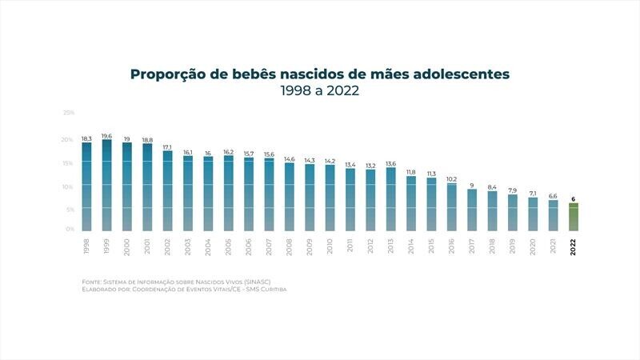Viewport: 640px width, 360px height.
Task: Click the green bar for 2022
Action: click(x=573, y=217)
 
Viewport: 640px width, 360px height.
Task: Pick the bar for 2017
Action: click(x=471, y=210)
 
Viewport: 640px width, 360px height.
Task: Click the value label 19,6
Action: click(x=106, y=136)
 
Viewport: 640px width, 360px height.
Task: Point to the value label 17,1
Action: click(x=167, y=147)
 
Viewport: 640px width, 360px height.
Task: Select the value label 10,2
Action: click(x=451, y=179)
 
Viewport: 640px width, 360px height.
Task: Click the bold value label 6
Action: click(x=573, y=198)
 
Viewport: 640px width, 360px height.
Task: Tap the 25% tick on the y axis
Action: click(x=69, y=113)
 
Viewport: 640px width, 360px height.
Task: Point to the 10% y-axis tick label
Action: click(x=69, y=186)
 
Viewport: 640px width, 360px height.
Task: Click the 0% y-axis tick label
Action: click(x=70, y=230)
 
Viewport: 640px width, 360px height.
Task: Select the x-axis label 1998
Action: click(x=86, y=246)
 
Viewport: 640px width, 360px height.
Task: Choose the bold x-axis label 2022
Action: click(x=573, y=246)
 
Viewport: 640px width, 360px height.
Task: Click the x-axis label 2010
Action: click(x=330, y=246)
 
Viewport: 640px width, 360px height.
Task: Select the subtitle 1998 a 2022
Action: click(x=319, y=91)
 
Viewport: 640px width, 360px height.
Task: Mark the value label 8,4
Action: click(x=492, y=187)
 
